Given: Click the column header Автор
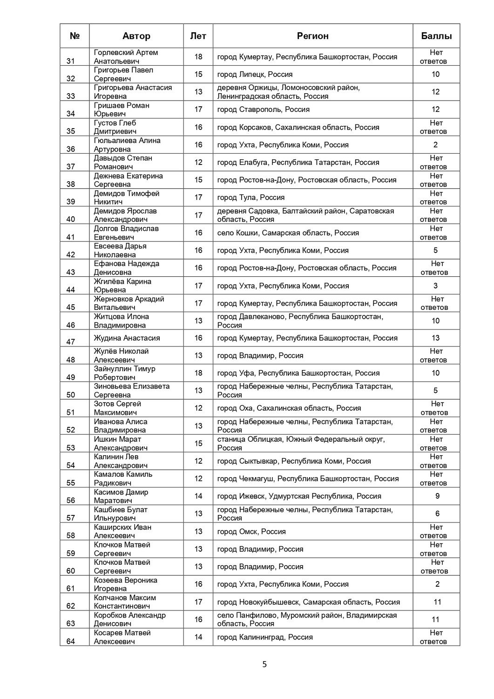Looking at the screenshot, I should (136, 36).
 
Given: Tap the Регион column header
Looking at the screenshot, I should (312, 36).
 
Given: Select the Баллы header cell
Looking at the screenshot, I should (436, 36).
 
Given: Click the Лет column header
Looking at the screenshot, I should (198, 36).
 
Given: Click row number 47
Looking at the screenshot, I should (71, 342).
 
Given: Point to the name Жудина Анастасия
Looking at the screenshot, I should (127, 338).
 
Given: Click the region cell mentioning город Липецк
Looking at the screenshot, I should (255, 74).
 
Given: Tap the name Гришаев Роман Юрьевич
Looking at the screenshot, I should (122, 110).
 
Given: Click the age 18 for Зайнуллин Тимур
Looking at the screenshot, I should (198, 373).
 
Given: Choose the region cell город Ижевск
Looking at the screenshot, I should (299, 496).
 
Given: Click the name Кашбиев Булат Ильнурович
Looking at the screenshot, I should (121, 514).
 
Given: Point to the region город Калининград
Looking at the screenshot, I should (264, 637).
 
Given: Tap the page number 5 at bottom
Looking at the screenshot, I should (264, 665).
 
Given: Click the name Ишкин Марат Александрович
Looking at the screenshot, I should (121, 443).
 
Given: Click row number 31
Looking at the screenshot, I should (71, 61).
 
